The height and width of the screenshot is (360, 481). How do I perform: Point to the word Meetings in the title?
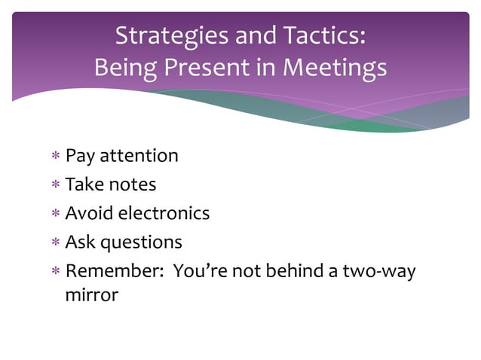(334, 69)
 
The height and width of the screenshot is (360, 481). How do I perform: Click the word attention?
(139, 156)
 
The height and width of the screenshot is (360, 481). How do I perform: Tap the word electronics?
(162, 213)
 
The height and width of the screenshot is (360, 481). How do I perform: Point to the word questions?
(141, 243)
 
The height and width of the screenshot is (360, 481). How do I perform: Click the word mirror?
(92, 294)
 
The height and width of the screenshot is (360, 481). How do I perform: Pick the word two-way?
(379, 271)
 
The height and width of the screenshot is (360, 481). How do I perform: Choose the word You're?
(199, 271)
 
